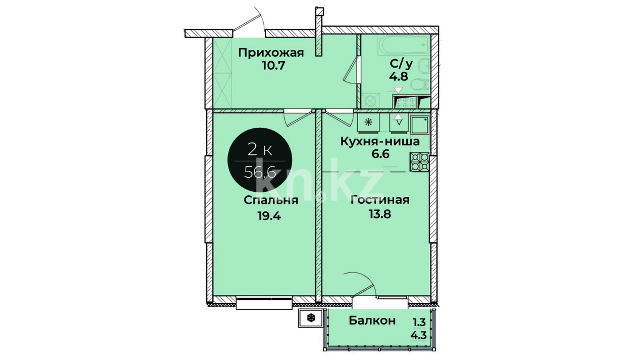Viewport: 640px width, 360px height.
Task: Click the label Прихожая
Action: click(x=271, y=53)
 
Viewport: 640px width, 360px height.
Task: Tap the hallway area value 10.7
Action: click(x=273, y=66)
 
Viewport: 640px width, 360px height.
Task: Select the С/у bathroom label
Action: click(x=401, y=64)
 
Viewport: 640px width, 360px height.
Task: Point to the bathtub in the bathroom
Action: click(x=403, y=45)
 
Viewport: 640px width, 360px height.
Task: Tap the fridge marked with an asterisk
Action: click(x=369, y=123)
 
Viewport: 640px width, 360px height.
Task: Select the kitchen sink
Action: click(x=420, y=125)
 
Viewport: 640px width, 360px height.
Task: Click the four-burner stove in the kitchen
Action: click(x=420, y=162)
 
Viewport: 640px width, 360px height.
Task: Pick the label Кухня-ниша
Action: click(x=380, y=141)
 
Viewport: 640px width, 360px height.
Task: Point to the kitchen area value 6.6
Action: click(x=381, y=154)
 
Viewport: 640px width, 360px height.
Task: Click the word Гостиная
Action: click(x=380, y=200)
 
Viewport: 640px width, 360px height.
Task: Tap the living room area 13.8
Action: click(x=380, y=213)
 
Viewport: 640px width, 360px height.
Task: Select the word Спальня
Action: click(x=271, y=200)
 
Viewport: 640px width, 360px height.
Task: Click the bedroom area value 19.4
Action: click(x=269, y=216)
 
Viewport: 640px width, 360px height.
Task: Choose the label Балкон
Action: click(x=372, y=321)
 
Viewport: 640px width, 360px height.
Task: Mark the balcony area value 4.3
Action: click(x=419, y=335)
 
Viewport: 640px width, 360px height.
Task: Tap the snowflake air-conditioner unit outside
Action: click(x=311, y=318)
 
